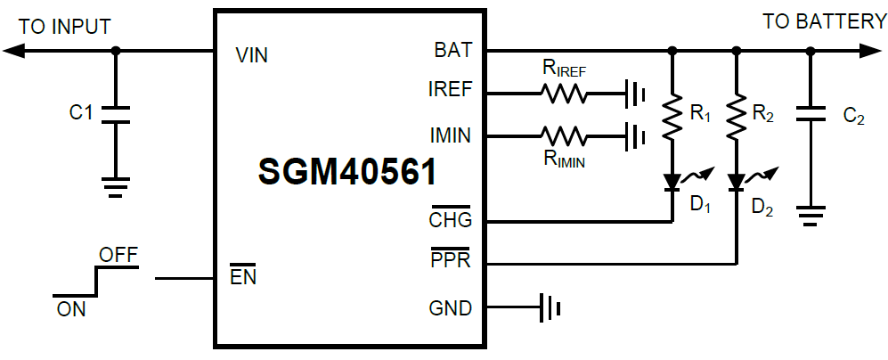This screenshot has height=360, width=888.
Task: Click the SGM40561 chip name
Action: pyautogui.click(x=347, y=171)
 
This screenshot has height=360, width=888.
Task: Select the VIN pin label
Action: pyautogui.click(x=252, y=55)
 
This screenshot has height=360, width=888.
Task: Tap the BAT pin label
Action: pyautogui.click(x=453, y=51)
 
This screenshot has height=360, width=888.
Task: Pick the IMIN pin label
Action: pyautogui.click(x=450, y=135)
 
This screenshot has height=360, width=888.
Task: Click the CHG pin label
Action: pyautogui.click(x=451, y=219)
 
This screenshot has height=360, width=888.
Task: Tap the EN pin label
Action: pyautogui.click(x=243, y=277)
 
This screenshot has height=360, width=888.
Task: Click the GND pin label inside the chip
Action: pyautogui.click(x=451, y=309)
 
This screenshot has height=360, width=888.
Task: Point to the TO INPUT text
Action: pyautogui.click(x=65, y=27)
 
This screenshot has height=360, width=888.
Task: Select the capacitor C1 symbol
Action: pyautogui.click(x=115, y=113)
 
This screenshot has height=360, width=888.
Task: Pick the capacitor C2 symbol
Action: pyautogui.click(x=810, y=116)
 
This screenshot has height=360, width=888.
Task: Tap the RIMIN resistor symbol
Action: pyautogui.click(x=563, y=136)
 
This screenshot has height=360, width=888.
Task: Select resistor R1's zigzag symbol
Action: pyautogui.click(x=672, y=114)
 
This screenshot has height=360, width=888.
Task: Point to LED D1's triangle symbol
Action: pyautogui.click(x=672, y=182)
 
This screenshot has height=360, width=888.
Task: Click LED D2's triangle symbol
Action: pyautogui.click(x=737, y=182)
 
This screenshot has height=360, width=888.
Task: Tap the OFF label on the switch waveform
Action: pyautogui.click(x=118, y=256)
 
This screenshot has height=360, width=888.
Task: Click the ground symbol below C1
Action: pyautogui.click(x=115, y=187)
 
